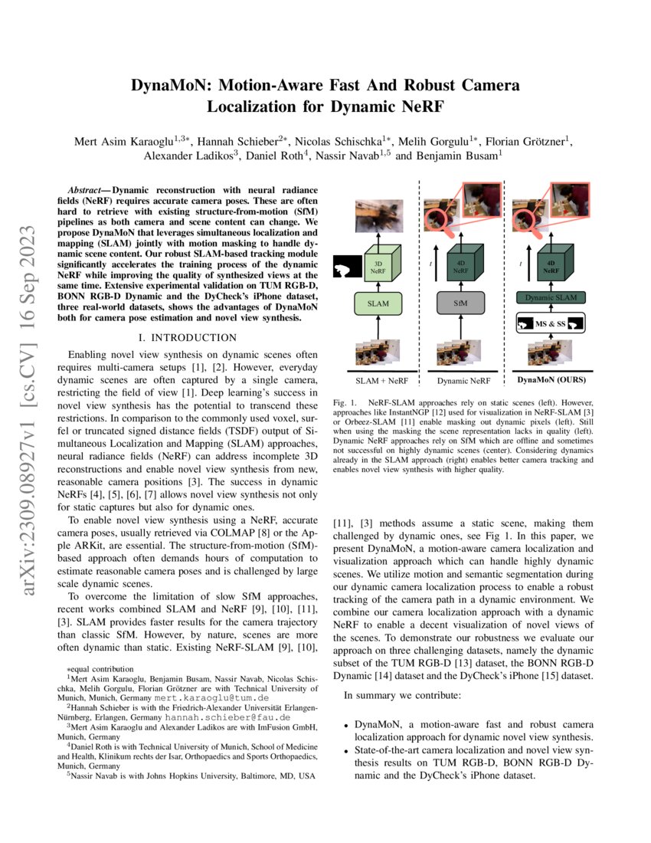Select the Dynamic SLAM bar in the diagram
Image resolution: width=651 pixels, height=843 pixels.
pyautogui.click(x=549, y=297)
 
